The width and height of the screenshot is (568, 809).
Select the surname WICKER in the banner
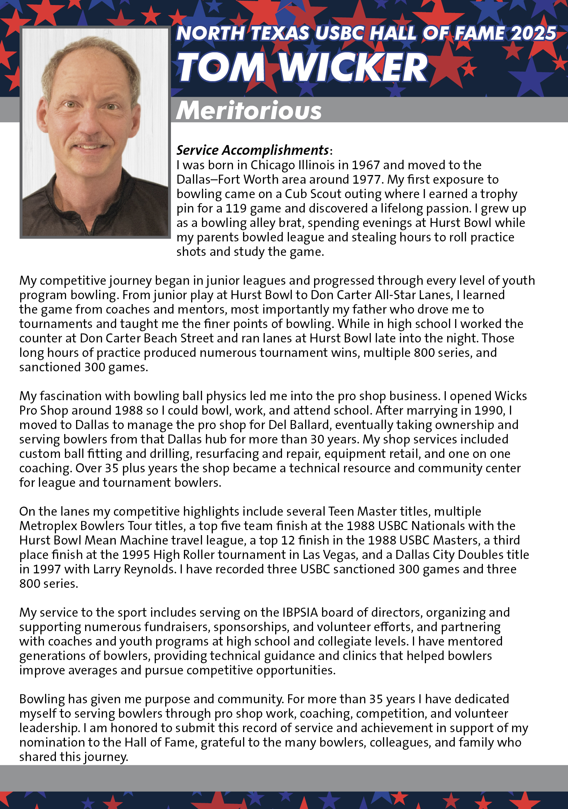353,67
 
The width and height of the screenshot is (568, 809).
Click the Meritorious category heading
249,110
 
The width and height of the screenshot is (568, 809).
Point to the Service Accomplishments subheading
252,150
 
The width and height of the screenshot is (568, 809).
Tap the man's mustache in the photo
90,141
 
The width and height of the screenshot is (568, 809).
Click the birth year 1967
365,165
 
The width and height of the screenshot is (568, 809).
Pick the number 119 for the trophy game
236,208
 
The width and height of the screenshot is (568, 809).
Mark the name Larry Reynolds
134,569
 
